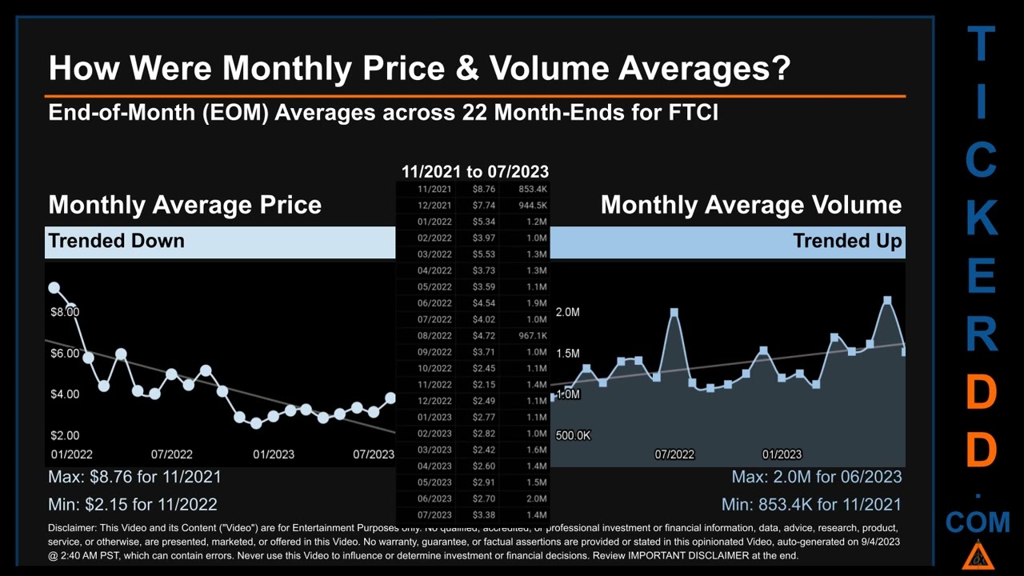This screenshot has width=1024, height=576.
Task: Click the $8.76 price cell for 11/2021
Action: pos(484,190)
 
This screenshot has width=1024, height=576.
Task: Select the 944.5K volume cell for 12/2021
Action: pos(532,206)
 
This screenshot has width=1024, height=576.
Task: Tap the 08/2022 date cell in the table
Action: pos(434,336)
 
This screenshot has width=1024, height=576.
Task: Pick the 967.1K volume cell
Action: pos(532,336)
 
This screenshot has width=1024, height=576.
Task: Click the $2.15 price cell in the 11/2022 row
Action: pos(484,385)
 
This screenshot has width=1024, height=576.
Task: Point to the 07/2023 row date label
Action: pos(434,515)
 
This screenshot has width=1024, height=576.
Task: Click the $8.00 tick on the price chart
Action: pos(65,312)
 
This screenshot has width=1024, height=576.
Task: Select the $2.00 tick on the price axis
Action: pos(65,436)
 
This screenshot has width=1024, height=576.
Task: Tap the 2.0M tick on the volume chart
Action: pos(567,312)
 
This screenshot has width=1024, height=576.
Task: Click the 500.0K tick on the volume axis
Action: pos(573,436)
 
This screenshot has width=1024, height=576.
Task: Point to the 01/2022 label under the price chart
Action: pos(71,454)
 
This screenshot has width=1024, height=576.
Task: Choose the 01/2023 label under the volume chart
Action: pos(782,454)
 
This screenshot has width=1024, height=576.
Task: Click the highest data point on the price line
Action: pos(54,287)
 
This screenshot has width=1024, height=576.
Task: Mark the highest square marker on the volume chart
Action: pos(887,301)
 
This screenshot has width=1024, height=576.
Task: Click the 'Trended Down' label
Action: pos(116,241)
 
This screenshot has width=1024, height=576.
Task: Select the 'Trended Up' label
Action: pos(847,241)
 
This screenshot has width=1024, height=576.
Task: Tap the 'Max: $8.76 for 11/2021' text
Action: pos(134,477)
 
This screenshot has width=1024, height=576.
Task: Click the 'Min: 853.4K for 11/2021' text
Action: pos(811,505)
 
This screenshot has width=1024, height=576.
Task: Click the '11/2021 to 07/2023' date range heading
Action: pos(474,171)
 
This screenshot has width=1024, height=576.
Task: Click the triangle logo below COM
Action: pos(977,555)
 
